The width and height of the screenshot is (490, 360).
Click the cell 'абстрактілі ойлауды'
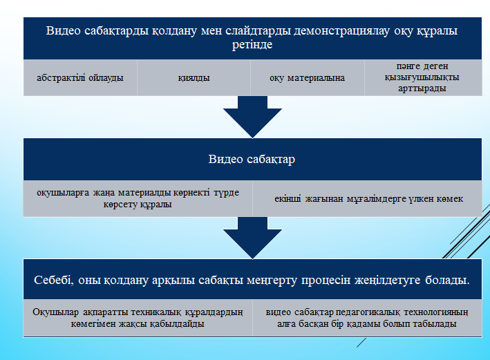[x=80, y=77]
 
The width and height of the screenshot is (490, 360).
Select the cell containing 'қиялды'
[x=194, y=77]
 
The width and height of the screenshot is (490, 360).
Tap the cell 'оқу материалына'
[x=307, y=77]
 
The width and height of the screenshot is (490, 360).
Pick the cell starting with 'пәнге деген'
[x=423, y=77]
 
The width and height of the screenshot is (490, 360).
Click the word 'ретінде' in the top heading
[x=252, y=45]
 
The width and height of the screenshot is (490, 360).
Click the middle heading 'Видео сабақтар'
[x=252, y=159]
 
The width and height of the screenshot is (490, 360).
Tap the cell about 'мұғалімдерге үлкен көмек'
[x=367, y=198]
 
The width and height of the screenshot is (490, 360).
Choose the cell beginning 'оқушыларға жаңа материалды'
[x=138, y=198]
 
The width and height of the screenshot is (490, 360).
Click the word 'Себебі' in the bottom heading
[x=54, y=280]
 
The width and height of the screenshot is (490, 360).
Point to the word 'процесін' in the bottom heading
[x=326, y=281]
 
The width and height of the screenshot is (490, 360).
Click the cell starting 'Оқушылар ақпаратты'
[x=138, y=318]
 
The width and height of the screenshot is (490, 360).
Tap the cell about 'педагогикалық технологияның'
[x=367, y=318]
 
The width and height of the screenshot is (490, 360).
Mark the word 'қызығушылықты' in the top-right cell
[x=422, y=77]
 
